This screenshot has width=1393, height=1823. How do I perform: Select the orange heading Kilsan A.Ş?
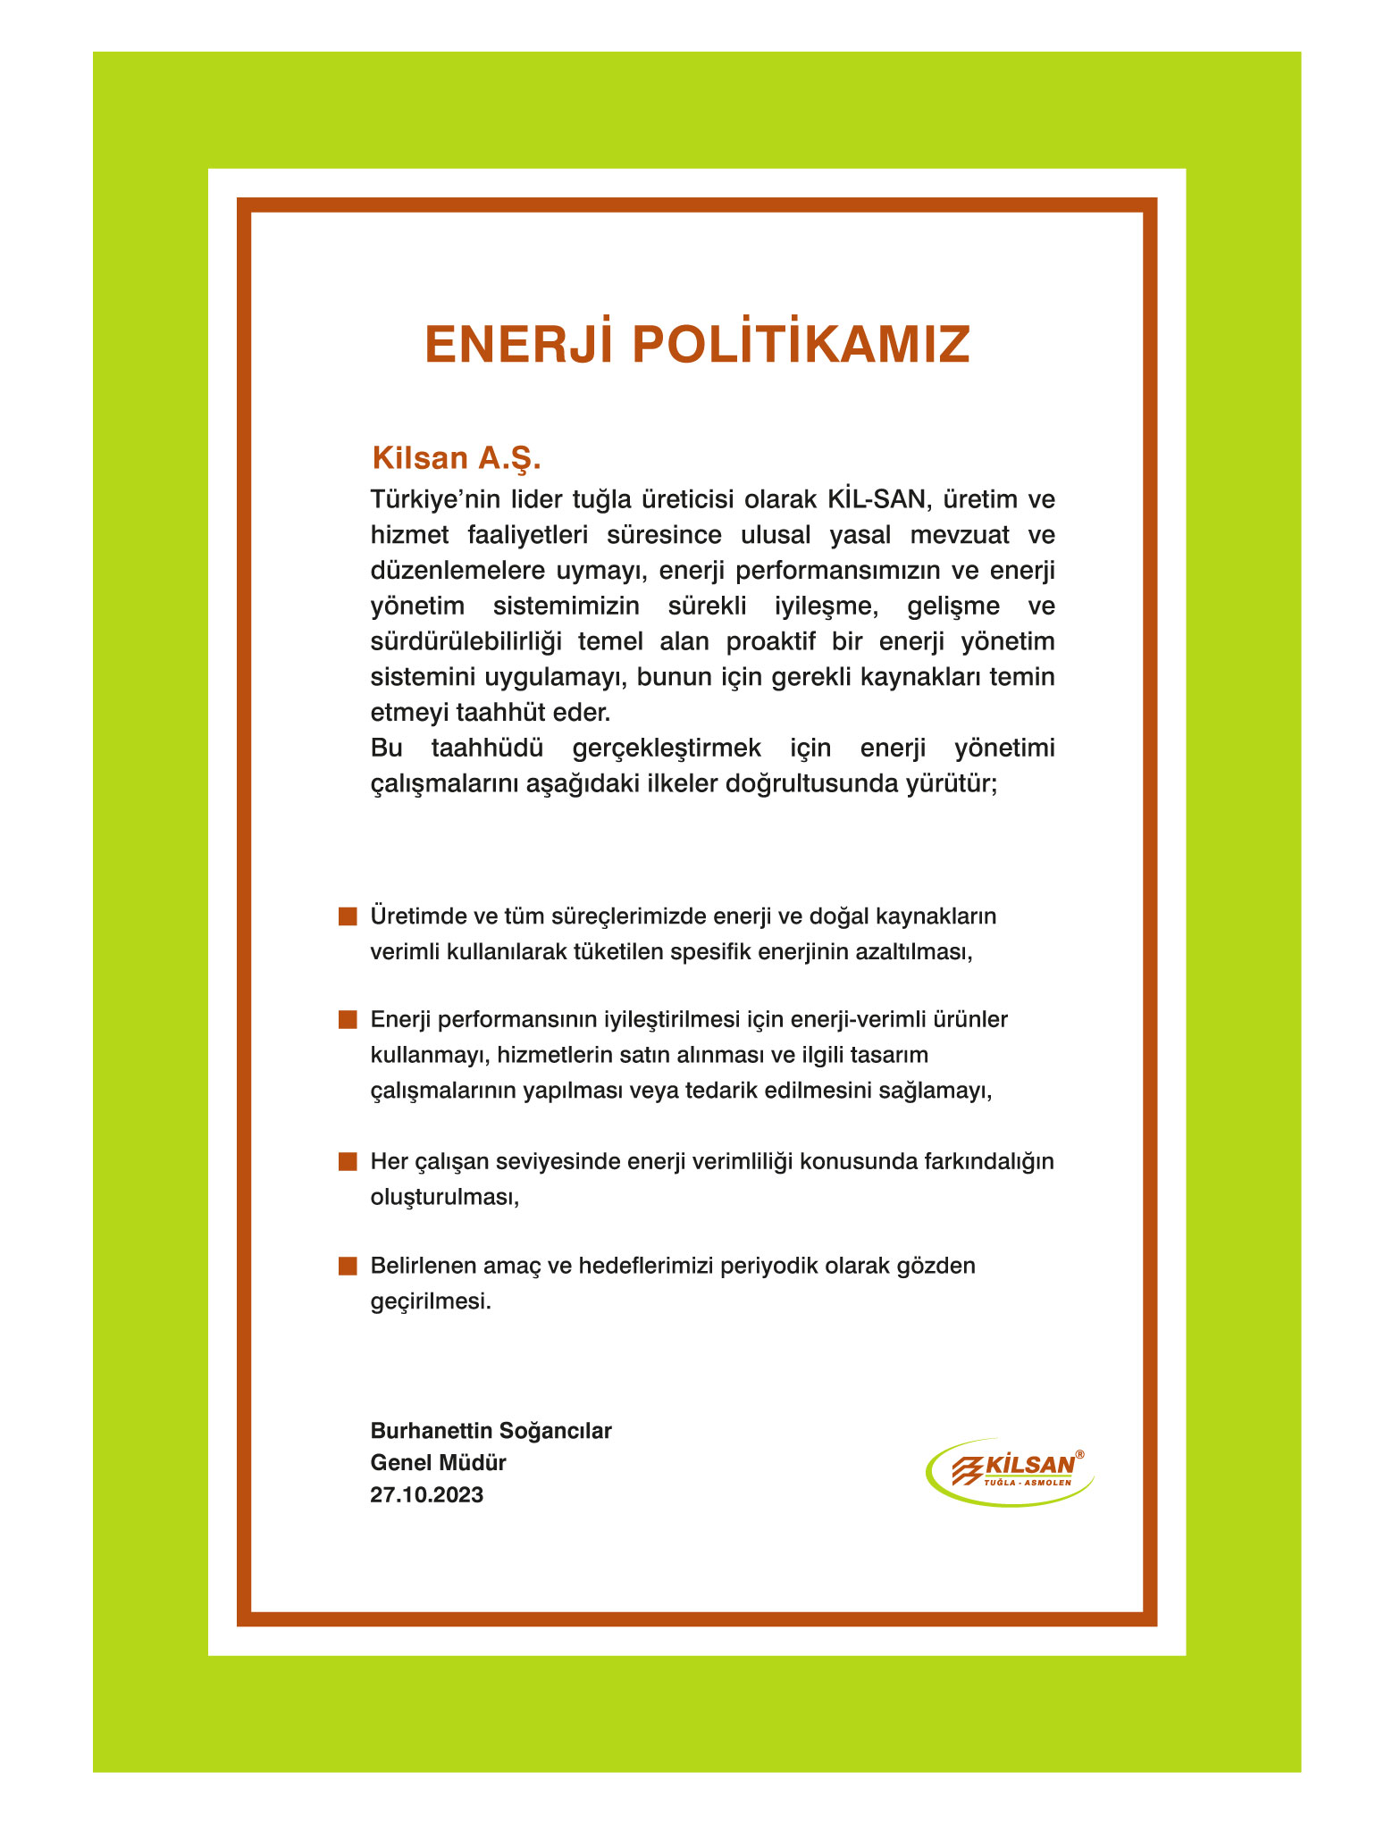[x=457, y=458]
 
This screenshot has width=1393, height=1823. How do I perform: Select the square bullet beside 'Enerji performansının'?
[x=348, y=1020]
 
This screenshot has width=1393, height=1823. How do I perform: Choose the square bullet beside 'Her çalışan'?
[x=348, y=1162]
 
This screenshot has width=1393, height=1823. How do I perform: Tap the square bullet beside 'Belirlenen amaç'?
[x=348, y=1266]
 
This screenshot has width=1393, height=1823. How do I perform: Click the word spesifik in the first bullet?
[x=710, y=951]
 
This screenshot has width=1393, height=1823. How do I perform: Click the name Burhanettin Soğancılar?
[x=491, y=1431]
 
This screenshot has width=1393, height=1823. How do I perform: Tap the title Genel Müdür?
[x=438, y=1463]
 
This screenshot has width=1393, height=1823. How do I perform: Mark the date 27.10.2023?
[x=427, y=1495]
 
